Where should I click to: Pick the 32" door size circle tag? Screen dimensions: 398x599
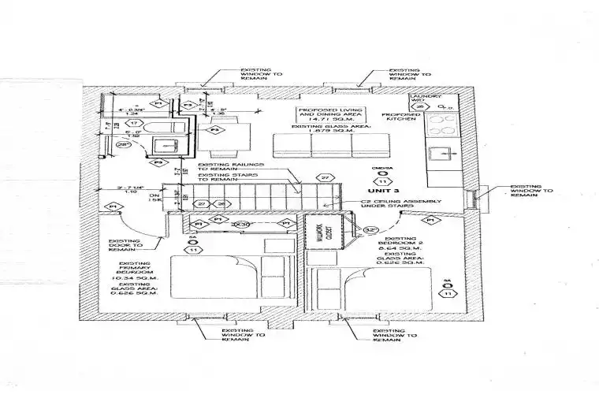point(371,230)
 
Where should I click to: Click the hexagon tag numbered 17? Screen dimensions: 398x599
point(136,124)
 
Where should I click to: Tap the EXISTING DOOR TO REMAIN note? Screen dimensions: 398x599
point(124,247)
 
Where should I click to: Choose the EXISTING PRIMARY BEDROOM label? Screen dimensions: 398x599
point(137,272)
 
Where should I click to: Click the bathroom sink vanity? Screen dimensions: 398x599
point(166,145)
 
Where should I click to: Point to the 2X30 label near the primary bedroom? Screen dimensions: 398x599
point(242,225)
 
